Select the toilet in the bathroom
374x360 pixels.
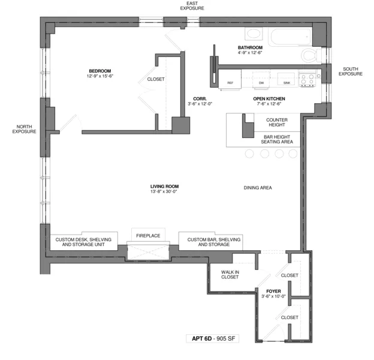pyautogui.click(x=310, y=56)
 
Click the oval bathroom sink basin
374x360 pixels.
pyautogui.click(x=255, y=34)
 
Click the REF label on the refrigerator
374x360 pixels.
pyautogui.click(x=230, y=83)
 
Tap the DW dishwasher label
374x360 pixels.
pyautogui.click(x=261, y=83)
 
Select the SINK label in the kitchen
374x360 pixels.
pyautogui.click(x=286, y=83)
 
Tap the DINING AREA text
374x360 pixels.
pyautogui.click(x=258, y=188)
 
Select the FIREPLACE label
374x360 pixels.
pyautogui.click(x=147, y=236)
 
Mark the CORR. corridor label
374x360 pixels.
pyautogui.click(x=200, y=101)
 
